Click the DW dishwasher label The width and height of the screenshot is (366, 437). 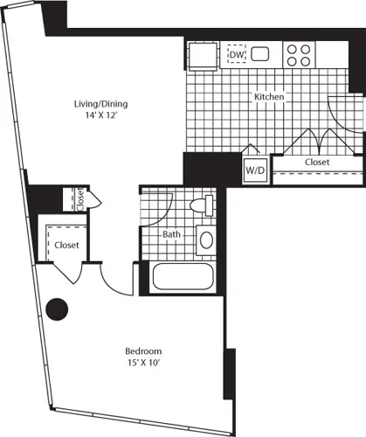click(235, 55)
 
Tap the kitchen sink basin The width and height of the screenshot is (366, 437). click(261, 55)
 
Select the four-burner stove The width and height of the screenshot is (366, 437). click(299, 55)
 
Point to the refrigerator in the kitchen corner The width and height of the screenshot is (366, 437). click(200, 55)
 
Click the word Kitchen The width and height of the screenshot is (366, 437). click(268, 97)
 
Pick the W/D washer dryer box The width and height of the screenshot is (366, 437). click(254, 169)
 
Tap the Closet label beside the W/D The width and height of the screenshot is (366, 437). click(316, 163)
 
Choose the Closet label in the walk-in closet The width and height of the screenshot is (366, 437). click(66, 245)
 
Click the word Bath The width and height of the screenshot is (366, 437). click(171, 234)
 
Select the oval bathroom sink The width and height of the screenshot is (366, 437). click(206, 239)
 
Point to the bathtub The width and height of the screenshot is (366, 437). click(186, 279)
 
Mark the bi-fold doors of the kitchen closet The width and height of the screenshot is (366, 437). click(312, 140)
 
